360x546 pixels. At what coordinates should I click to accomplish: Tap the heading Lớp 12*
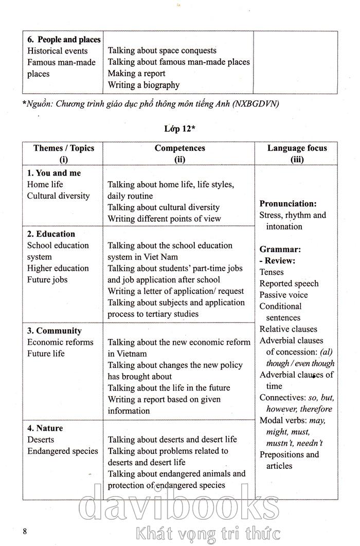coord(179,129)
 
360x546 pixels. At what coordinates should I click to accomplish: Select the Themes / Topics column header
coord(64,153)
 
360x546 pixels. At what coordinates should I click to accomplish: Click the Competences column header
coord(179,153)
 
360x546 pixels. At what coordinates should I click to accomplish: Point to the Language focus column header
coord(297,153)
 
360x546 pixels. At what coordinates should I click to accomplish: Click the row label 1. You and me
coord(54,173)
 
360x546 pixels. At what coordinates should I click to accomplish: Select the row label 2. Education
coord(51,234)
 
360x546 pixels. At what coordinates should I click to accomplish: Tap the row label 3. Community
coord(55,331)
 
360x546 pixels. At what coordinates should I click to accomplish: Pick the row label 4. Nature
coord(45,428)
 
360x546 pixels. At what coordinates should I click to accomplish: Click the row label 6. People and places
coord(64,40)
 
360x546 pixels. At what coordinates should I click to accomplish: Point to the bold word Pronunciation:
coord(287,204)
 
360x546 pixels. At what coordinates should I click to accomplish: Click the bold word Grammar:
coord(280,249)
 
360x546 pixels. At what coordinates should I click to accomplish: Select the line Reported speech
coord(289,284)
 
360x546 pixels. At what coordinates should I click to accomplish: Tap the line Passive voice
coord(284,295)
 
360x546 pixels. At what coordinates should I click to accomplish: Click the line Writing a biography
coord(143,85)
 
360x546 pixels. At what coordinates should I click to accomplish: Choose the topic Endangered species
coord(62,451)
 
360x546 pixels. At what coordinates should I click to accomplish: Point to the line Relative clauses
coord(289,329)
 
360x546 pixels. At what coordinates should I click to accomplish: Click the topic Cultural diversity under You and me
coord(58,196)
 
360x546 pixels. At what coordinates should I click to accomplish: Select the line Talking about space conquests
coord(162,50)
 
